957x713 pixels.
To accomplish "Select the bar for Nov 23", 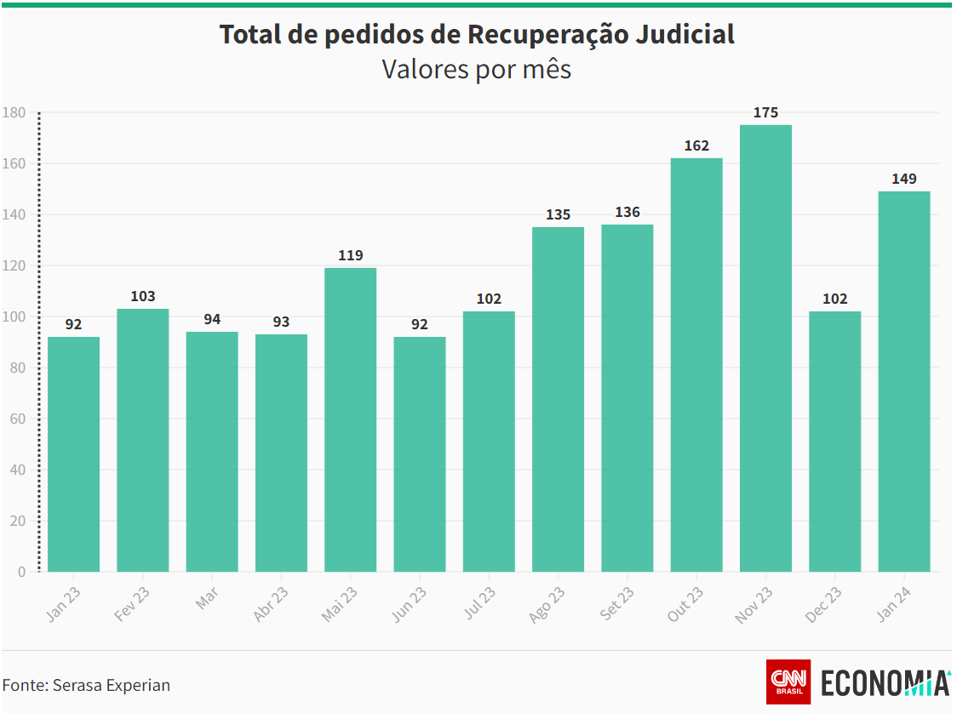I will [765, 349].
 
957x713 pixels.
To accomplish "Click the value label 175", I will [765, 112].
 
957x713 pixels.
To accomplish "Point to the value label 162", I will [696, 145].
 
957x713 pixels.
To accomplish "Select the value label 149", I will [904, 179].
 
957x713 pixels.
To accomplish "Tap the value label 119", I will [350, 255].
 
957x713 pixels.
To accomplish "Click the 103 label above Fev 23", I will [143, 296].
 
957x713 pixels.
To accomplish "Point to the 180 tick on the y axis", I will [14, 112].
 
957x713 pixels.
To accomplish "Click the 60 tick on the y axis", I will [17, 419].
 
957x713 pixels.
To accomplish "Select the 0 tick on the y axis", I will [21, 572].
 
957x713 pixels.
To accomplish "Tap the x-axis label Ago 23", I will [547, 604].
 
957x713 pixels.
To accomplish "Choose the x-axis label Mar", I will [207, 597].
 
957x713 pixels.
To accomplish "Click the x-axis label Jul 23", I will [479, 603].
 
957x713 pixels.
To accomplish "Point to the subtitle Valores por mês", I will [476, 69].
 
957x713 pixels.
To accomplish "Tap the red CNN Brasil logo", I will [788, 682].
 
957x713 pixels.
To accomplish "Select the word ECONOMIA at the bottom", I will [885, 683].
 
